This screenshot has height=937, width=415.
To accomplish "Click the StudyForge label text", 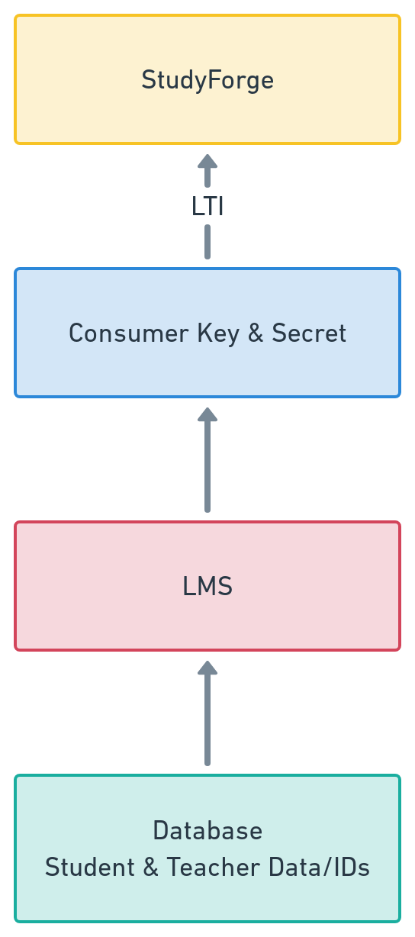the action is click(x=207, y=80).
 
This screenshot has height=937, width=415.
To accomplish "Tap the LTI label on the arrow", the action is click(x=207, y=206).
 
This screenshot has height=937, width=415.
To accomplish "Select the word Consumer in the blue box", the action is click(x=128, y=333).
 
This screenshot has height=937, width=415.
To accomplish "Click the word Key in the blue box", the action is click(x=218, y=333).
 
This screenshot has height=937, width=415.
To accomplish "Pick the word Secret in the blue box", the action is click(x=309, y=333).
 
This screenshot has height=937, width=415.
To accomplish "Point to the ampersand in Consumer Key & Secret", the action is click(x=256, y=333).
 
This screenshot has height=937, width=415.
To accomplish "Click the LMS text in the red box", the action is click(x=207, y=586).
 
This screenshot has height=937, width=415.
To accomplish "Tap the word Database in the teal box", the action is click(x=207, y=830).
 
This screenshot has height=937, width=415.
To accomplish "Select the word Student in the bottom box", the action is click(x=89, y=867).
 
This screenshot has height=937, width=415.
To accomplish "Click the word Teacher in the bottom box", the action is click(x=213, y=867).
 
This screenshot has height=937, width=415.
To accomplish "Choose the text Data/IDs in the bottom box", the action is click(x=319, y=867).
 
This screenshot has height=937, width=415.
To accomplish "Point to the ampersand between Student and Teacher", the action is click(x=150, y=867).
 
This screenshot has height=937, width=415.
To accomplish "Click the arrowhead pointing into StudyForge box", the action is click(x=207, y=161).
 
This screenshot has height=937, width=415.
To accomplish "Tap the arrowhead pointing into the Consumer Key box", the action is click(x=207, y=414).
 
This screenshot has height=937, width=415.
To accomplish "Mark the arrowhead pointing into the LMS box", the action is click(x=207, y=668).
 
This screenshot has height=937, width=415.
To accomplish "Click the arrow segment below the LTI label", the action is click(x=207, y=242).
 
